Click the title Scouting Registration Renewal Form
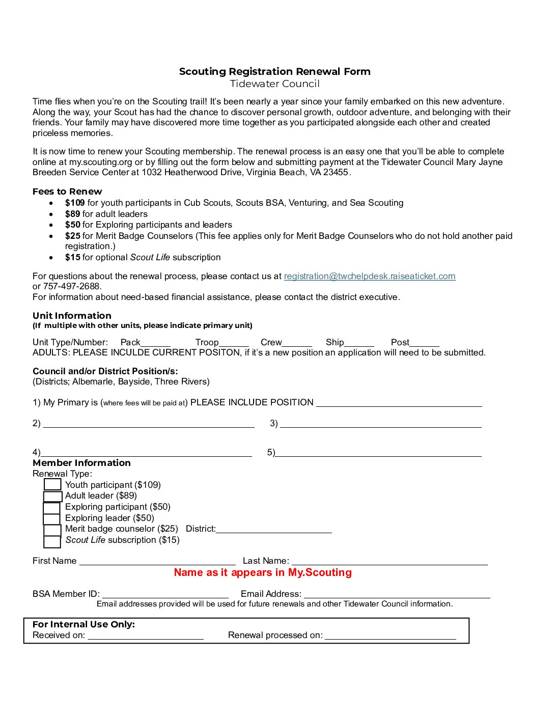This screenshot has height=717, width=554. pyautogui.click(x=274, y=71)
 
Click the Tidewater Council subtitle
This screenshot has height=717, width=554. pyautogui.click(x=274, y=84)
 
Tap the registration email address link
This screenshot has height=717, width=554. pyautogui.click(x=369, y=276)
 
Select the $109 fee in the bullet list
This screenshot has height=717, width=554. pyautogui.click(x=75, y=203)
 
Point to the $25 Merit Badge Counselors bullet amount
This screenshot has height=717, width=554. pyautogui.click(x=73, y=236)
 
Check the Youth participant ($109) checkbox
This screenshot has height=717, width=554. pyautogui.click(x=52, y=485)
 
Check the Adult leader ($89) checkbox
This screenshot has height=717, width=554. pyautogui.click(x=52, y=496)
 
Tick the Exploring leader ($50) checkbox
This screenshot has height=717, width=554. pyautogui.click(x=52, y=518)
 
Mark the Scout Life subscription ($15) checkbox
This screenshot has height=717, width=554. pyautogui.click(x=52, y=541)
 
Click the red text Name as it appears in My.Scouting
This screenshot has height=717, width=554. pyautogui.click(x=263, y=572)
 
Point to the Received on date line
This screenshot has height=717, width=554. pyautogui.click(x=146, y=636)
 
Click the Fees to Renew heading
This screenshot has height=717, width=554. pyautogui.click(x=67, y=191)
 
